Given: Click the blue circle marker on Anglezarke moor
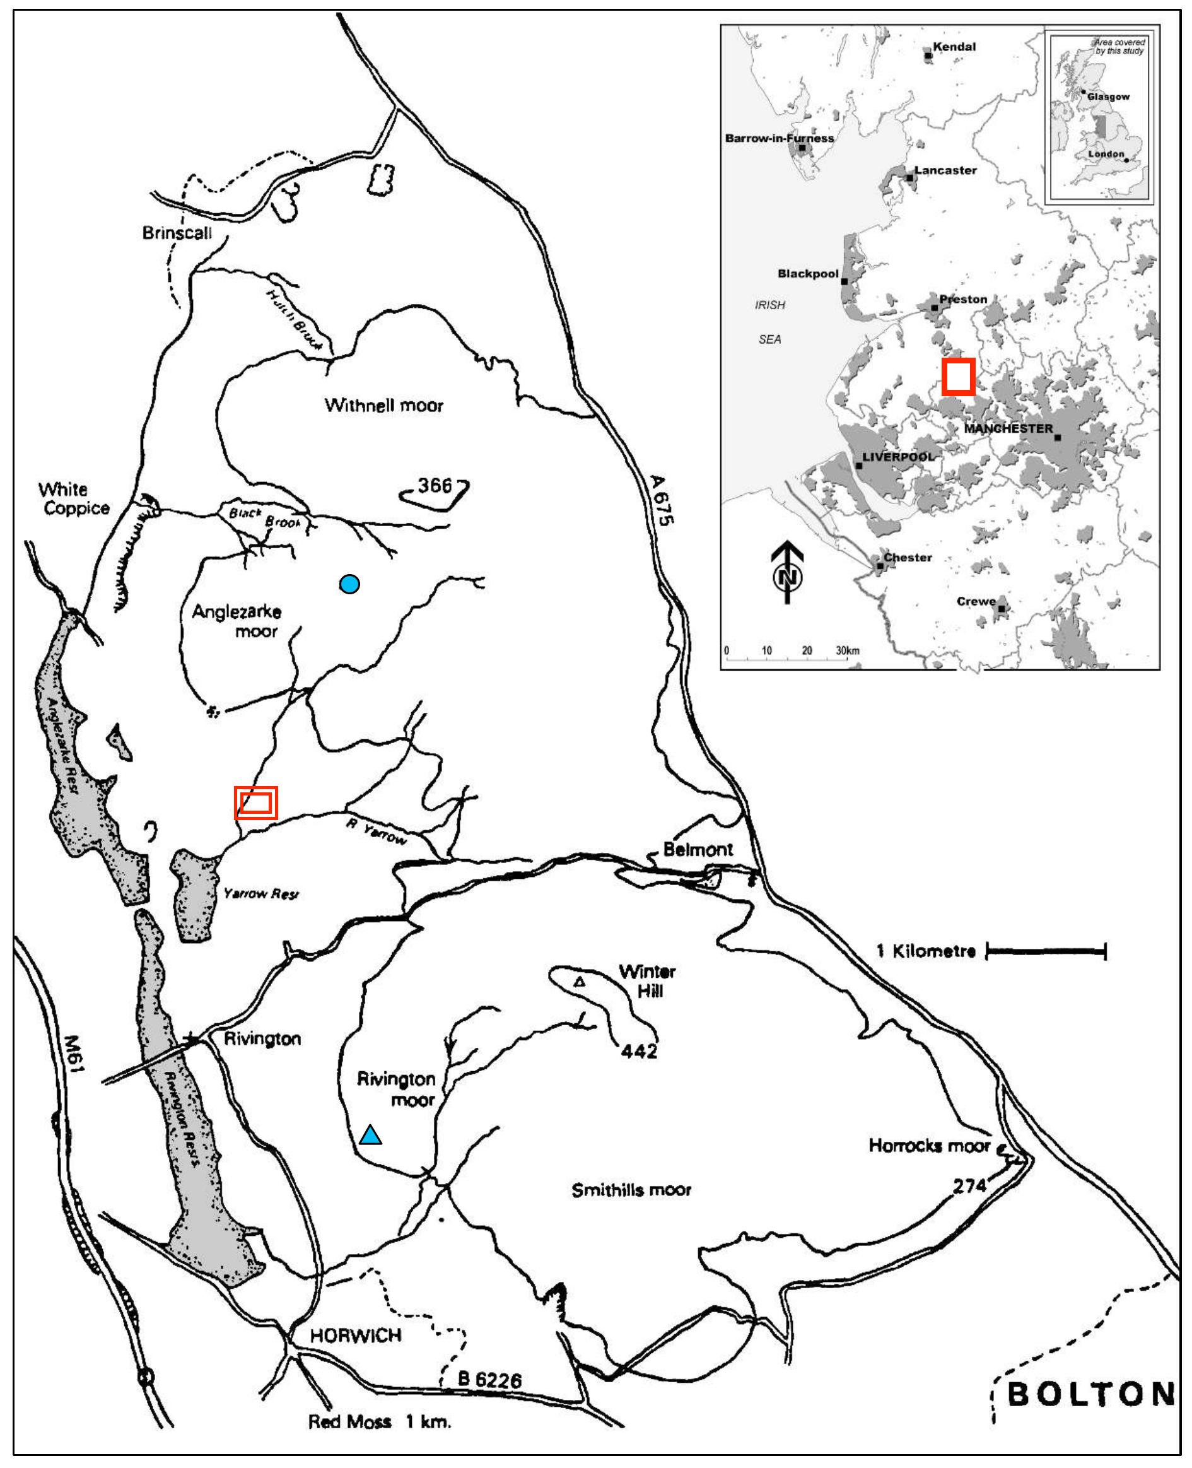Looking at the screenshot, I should pyautogui.click(x=349, y=584).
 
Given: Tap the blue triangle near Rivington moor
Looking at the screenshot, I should pyautogui.click(x=371, y=1136).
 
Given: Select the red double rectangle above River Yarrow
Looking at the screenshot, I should pyautogui.click(x=255, y=802).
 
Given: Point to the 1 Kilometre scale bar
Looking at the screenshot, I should pyautogui.click(x=1046, y=951).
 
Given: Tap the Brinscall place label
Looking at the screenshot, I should pyautogui.click(x=177, y=233).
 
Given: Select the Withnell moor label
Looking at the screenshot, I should pyautogui.click(x=384, y=405).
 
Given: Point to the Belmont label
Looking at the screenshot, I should pyautogui.click(x=698, y=849).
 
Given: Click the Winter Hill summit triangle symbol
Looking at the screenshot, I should pyautogui.click(x=580, y=982).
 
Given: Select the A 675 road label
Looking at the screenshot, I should pyautogui.click(x=661, y=500).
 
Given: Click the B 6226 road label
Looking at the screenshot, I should pyautogui.click(x=489, y=1380).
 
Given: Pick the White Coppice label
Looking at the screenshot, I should pyautogui.click(x=73, y=498).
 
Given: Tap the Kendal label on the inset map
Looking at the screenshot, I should pyautogui.click(x=954, y=47).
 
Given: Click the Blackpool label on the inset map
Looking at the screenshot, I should pyautogui.click(x=808, y=273).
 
